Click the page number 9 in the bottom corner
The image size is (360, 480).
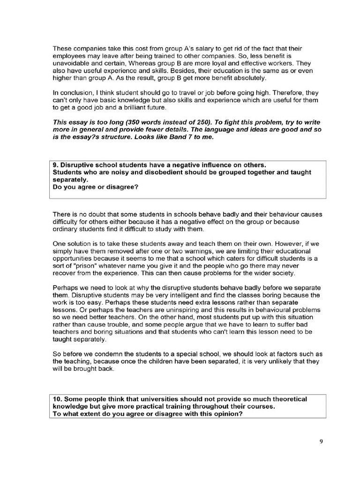click(321, 441)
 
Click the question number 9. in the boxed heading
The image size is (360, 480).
click(56, 165)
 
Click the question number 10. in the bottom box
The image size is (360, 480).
click(58, 399)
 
